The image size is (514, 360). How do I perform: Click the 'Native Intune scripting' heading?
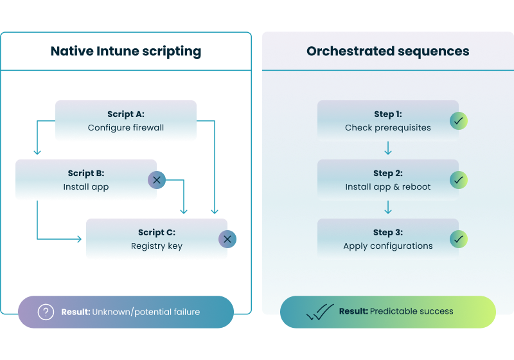coord(126,51)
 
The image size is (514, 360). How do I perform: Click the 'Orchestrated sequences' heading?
coord(387,51)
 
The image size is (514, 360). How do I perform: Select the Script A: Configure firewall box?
coord(126,121)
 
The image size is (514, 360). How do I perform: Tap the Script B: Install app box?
coord(86,180)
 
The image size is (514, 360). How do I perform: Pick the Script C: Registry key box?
coord(157,239)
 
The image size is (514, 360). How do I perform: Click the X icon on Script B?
coord(157,180)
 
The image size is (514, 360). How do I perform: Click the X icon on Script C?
coord(227,239)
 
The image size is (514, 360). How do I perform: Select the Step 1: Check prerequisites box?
coord(387,121)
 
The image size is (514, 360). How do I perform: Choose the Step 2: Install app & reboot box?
coord(387,180)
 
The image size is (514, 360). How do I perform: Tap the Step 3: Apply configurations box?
coord(387,239)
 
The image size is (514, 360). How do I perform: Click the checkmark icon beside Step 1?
coord(459,121)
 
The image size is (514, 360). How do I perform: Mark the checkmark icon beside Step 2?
coord(459,180)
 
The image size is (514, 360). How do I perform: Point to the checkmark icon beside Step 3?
coord(459,239)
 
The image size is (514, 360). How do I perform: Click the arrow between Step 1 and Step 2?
coord(387,150)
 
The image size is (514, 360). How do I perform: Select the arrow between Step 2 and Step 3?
coord(387,209)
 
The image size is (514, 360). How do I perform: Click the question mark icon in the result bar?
coord(46,312)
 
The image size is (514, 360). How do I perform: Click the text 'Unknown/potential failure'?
coord(146,312)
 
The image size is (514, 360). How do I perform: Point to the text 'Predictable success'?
coord(412,312)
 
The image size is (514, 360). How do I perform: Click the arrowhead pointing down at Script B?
coord(37,152)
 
